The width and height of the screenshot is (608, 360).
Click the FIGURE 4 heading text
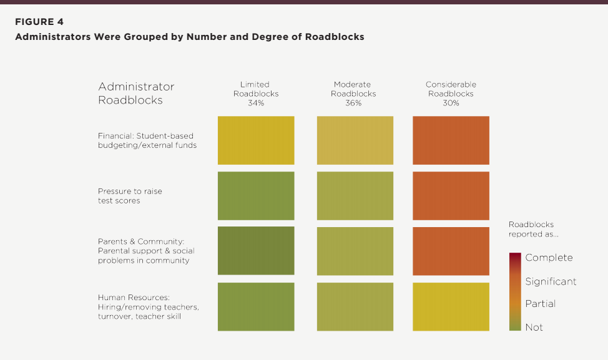(39, 22)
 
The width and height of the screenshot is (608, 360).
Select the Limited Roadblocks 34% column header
(256, 94)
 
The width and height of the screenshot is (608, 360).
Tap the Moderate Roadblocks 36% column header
(353, 94)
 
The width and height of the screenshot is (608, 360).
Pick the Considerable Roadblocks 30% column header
(451, 94)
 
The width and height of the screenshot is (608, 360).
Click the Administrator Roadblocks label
(136, 93)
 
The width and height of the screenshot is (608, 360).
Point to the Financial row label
(147, 140)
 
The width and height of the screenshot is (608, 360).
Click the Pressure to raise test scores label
(130, 196)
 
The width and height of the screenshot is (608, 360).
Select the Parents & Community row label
(146, 251)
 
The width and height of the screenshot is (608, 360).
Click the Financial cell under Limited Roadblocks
(256, 140)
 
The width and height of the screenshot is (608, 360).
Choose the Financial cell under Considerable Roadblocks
(451, 140)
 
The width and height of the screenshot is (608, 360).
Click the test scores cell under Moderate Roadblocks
(355, 196)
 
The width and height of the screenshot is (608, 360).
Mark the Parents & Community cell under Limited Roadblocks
(256, 251)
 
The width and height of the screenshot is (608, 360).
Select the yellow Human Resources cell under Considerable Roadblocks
(451, 307)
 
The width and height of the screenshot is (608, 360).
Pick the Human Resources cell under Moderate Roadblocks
(355, 307)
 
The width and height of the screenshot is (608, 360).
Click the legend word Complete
(549, 258)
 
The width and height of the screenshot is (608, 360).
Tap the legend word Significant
(551, 281)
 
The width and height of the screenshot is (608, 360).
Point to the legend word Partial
(540, 304)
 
